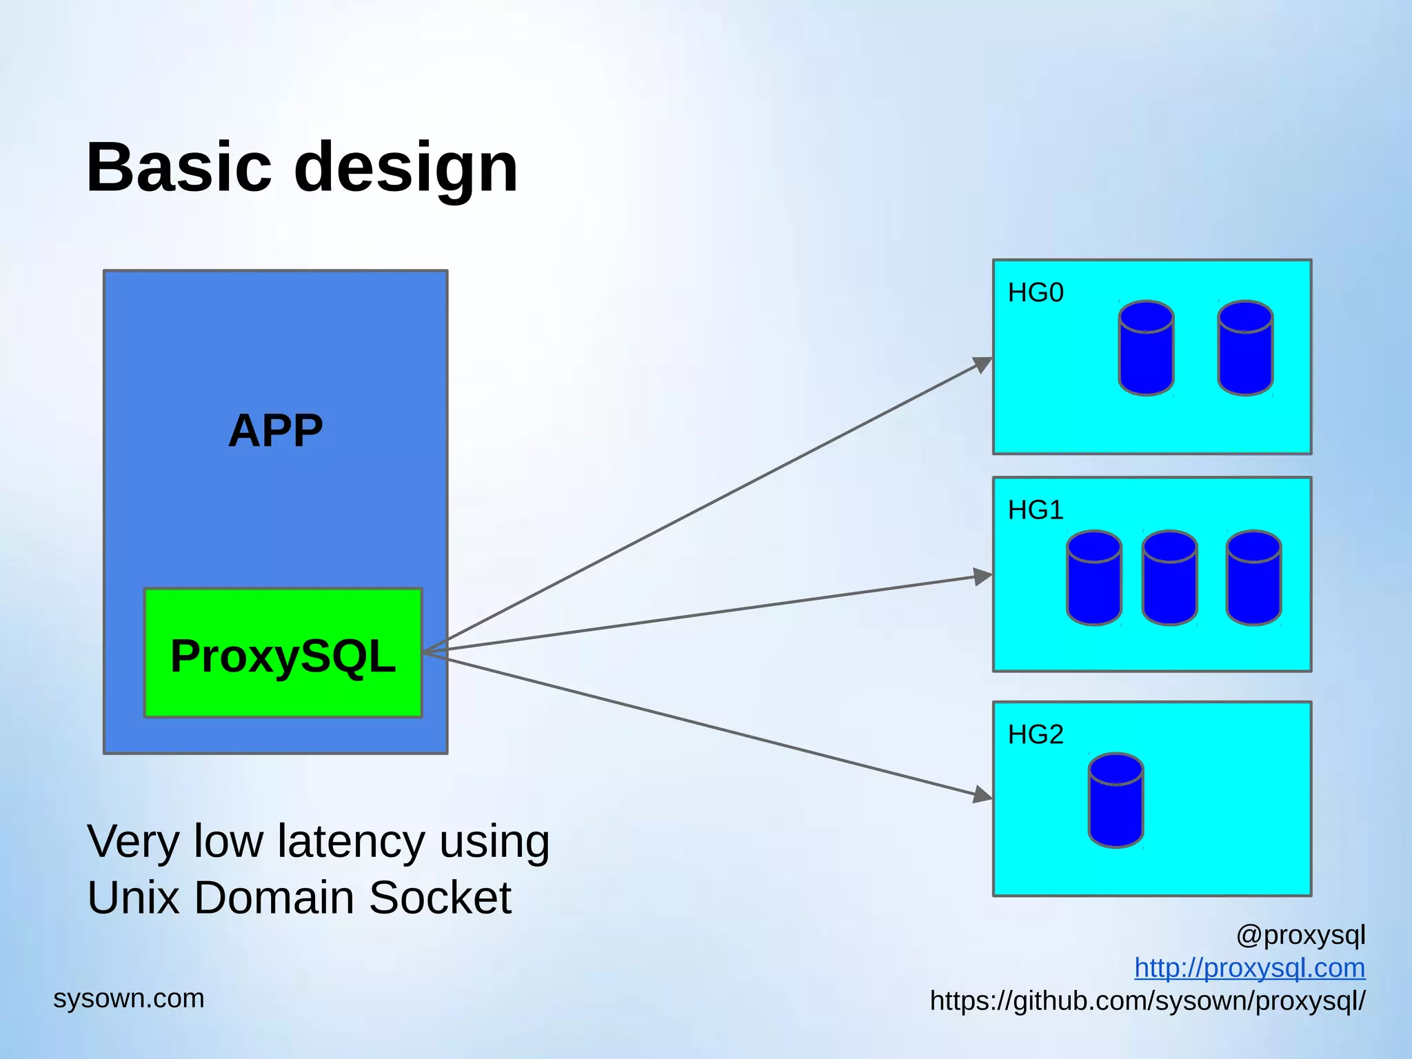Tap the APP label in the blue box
275,431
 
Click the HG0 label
1035,293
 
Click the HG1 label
1035,510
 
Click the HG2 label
1035,734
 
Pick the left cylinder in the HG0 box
1146,348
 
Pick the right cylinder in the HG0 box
1244,348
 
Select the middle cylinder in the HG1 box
1169,578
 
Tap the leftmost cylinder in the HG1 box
1093,578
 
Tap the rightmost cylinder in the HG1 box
1253,578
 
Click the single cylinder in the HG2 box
1116,800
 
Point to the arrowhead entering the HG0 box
982,363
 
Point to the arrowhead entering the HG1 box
982,576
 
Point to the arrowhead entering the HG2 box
982,795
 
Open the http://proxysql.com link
1249,968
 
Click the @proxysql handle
1300,935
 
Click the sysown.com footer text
129,998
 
